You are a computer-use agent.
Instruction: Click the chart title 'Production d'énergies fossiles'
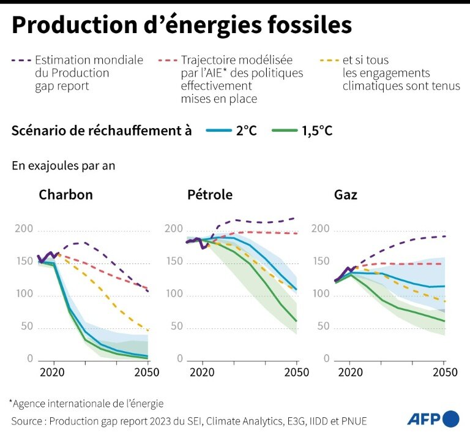point(182,25)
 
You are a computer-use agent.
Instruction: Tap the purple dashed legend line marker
point(21,61)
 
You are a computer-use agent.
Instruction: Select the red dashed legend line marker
point(167,61)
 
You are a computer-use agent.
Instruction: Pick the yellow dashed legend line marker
point(329,61)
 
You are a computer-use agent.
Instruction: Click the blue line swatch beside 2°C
point(217,130)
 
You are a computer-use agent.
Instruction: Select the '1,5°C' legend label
point(317,130)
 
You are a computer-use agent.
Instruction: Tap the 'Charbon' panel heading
point(65,195)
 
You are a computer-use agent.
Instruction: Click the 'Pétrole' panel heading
point(210,195)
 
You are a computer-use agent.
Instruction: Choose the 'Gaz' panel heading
point(346,195)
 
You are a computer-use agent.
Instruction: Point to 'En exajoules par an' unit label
point(63,165)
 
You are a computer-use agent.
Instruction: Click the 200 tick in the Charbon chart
point(23,229)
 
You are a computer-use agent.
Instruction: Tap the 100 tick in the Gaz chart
point(321,294)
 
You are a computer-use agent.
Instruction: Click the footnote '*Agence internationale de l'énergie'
point(86,404)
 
